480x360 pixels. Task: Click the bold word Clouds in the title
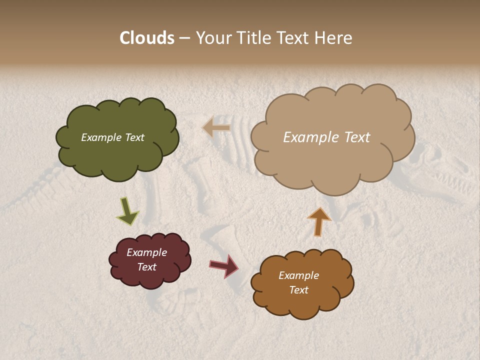click(147, 38)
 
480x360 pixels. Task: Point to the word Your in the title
click(212, 38)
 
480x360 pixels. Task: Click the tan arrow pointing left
click(216, 128)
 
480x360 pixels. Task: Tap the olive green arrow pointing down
click(127, 212)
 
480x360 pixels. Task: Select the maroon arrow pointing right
click(224, 266)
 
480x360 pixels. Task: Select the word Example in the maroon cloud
click(147, 252)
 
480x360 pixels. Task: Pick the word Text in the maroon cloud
click(147, 267)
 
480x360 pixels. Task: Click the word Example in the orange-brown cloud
click(298, 275)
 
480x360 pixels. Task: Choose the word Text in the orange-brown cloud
click(298, 290)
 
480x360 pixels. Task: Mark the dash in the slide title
click(184, 38)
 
